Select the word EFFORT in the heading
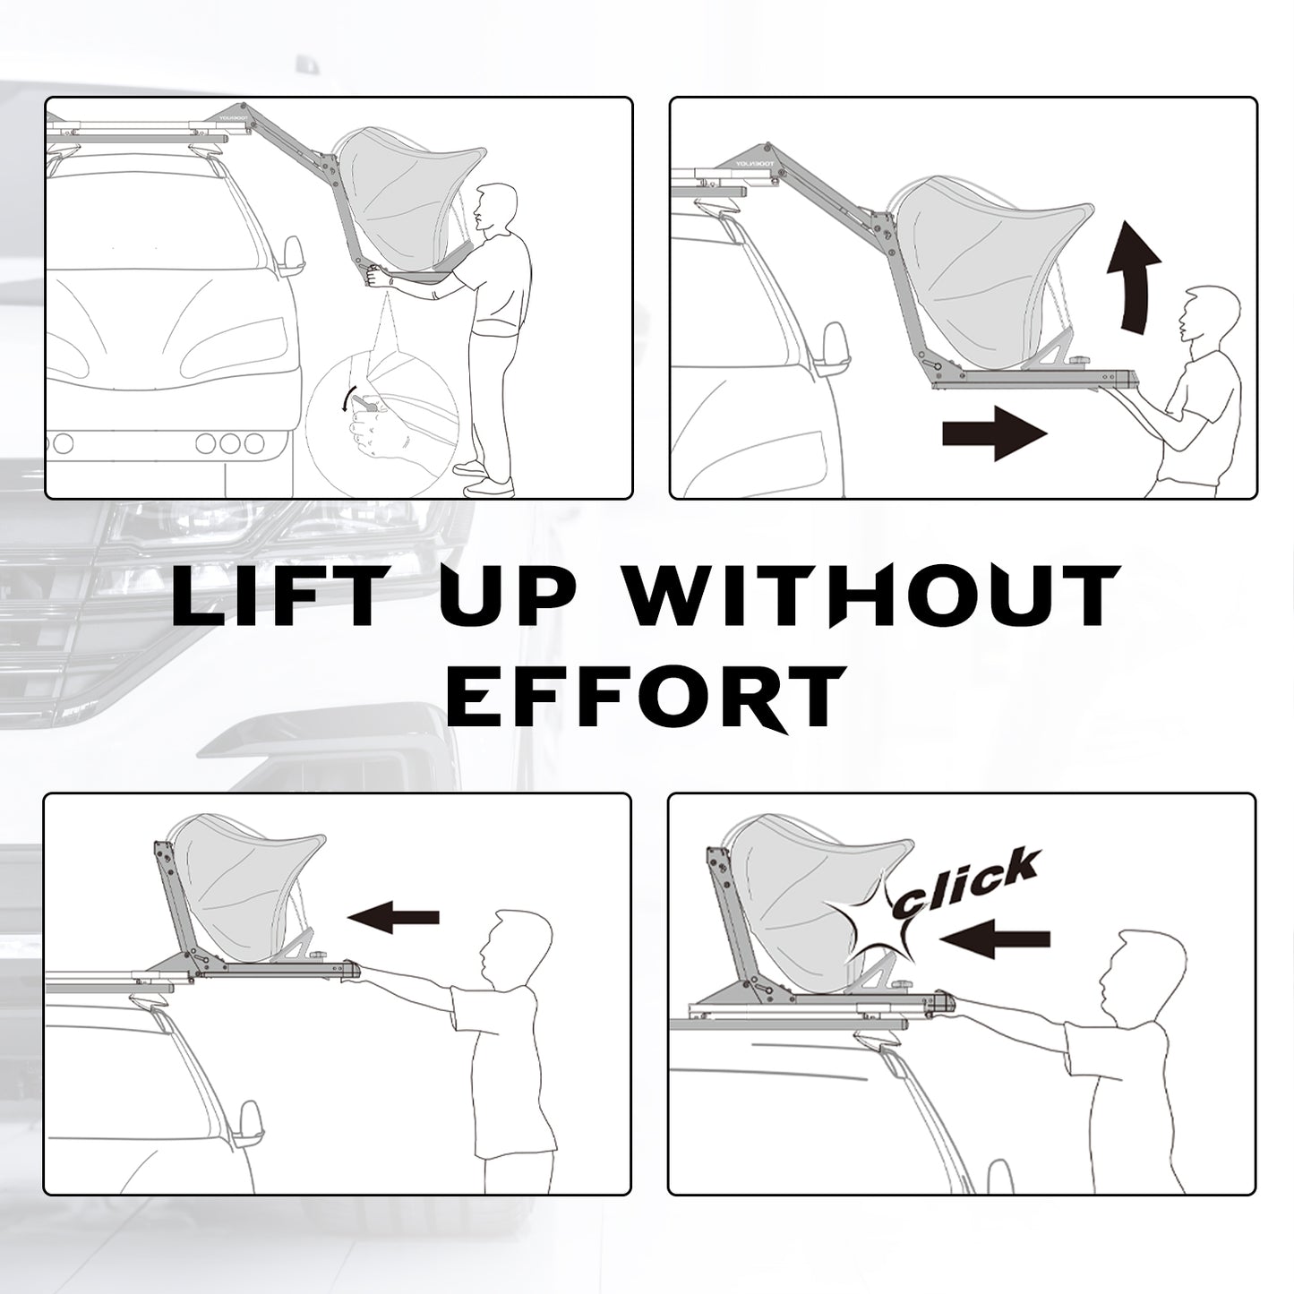pos(645,698)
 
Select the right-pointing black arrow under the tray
pos(995,433)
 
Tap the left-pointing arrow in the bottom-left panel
pos(393,917)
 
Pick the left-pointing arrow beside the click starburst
pos(995,938)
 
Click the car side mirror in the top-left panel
pos(292,256)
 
